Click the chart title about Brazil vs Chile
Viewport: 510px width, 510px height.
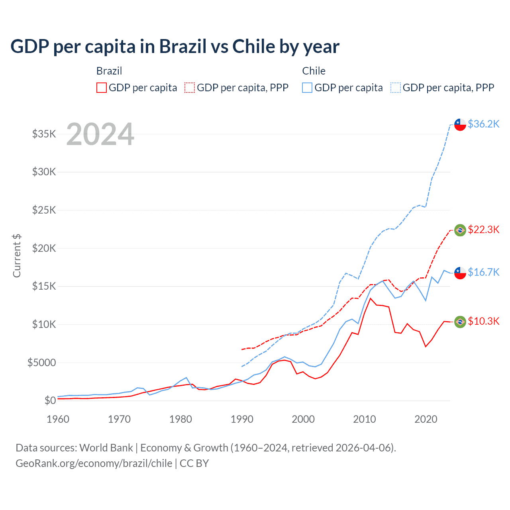click(x=175, y=47)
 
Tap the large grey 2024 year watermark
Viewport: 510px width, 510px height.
click(x=100, y=135)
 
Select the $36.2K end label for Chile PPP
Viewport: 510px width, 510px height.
click(x=483, y=124)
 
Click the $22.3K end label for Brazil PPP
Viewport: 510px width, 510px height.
click(x=483, y=229)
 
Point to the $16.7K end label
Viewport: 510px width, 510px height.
click(x=483, y=272)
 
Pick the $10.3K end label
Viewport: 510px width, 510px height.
click(x=483, y=321)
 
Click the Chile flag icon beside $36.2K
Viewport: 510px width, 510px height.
click(x=460, y=125)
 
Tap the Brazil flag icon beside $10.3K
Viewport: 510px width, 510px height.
click(x=460, y=322)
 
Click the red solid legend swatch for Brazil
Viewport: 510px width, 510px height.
click(x=102, y=88)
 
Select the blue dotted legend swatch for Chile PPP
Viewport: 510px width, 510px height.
click(x=396, y=88)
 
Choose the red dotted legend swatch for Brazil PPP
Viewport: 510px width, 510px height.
click(x=190, y=88)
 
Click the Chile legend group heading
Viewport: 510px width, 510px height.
click(x=314, y=71)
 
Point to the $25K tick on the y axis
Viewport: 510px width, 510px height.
click(x=44, y=210)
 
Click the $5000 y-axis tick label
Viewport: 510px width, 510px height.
click(x=42, y=363)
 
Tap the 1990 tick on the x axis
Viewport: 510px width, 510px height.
click(x=242, y=419)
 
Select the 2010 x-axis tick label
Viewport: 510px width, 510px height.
click(x=365, y=419)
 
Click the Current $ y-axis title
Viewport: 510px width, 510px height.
click(x=17, y=255)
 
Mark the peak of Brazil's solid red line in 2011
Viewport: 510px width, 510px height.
click(x=371, y=298)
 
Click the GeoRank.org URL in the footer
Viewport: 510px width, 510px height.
click(x=94, y=463)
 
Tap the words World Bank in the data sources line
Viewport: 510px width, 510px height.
click(x=106, y=448)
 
